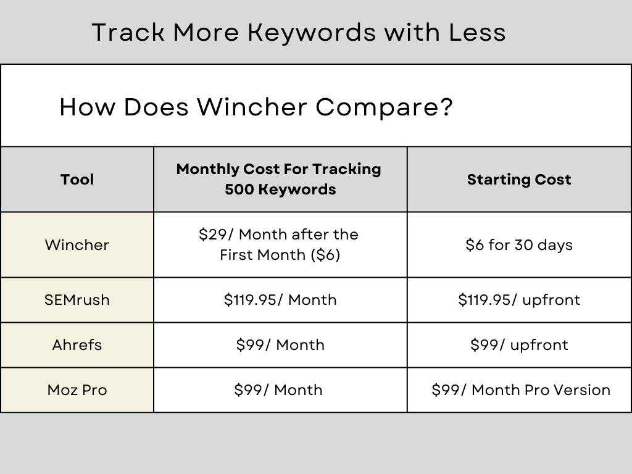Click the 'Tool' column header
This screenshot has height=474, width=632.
point(77,180)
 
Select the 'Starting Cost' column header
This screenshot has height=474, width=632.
point(519,180)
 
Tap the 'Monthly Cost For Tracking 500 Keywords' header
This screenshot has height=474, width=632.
point(279,179)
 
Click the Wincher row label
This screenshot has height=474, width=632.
point(77,245)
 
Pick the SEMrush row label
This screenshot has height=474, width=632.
point(77,300)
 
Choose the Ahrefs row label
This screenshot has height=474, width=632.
point(77,345)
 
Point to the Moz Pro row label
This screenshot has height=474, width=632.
point(77,390)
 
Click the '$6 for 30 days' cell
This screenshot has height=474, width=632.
point(519,245)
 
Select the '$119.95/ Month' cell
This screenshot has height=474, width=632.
point(280,300)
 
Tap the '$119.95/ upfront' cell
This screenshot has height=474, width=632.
point(519,300)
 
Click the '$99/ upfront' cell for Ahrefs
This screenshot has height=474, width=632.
point(519,345)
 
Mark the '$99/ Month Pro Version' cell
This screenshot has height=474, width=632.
point(521,390)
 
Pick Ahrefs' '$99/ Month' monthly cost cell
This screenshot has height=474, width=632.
point(280,345)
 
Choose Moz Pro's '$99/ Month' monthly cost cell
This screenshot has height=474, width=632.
point(278,390)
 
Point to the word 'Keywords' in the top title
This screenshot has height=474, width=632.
point(312,32)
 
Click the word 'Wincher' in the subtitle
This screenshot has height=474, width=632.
point(252,107)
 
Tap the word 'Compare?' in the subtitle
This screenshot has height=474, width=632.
point(385,107)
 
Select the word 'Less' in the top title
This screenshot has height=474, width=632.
point(477,32)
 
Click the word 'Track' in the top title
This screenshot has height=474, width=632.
point(128,32)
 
